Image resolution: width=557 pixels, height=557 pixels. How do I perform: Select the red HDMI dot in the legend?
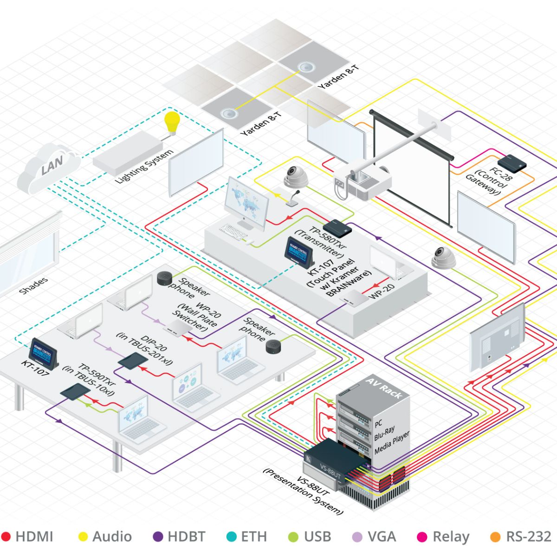[x=6, y=537]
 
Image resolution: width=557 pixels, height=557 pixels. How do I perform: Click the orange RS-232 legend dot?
[x=495, y=537]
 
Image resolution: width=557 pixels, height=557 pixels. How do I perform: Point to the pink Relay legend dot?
[x=422, y=537]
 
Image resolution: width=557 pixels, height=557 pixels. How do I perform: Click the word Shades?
[x=33, y=286]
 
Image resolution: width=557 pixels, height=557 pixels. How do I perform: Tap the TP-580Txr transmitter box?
[x=337, y=227]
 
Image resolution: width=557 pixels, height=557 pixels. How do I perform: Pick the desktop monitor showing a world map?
[x=246, y=205]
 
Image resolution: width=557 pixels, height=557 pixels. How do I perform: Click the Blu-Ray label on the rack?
[x=384, y=434]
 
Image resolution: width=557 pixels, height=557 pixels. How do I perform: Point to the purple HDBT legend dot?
[x=158, y=537]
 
